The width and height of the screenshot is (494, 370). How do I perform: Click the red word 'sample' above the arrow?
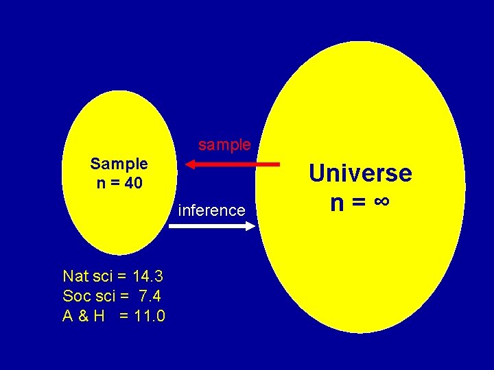pyautogui.click(x=224, y=145)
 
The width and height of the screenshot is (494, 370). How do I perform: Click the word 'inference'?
pyautogui.click(x=211, y=210)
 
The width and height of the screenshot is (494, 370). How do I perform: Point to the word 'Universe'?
pyautogui.click(x=360, y=173)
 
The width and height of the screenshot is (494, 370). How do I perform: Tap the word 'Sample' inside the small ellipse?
pyautogui.click(x=119, y=164)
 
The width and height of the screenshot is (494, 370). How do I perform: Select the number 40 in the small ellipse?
pyautogui.click(x=133, y=183)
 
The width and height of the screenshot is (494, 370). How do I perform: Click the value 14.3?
pyautogui.click(x=148, y=277)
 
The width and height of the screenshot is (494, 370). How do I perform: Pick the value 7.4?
pyautogui.click(x=149, y=296)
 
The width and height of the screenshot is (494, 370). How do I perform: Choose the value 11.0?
pyautogui.click(x=149, y=316)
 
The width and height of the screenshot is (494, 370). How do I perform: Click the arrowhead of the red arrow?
pyautogui.click(x=191, y=164)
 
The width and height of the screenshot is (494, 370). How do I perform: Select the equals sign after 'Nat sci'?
pyautogui.click(x=121, y=277)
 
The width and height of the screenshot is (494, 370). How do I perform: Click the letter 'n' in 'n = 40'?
pyautogui.click(x=101, y=184)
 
